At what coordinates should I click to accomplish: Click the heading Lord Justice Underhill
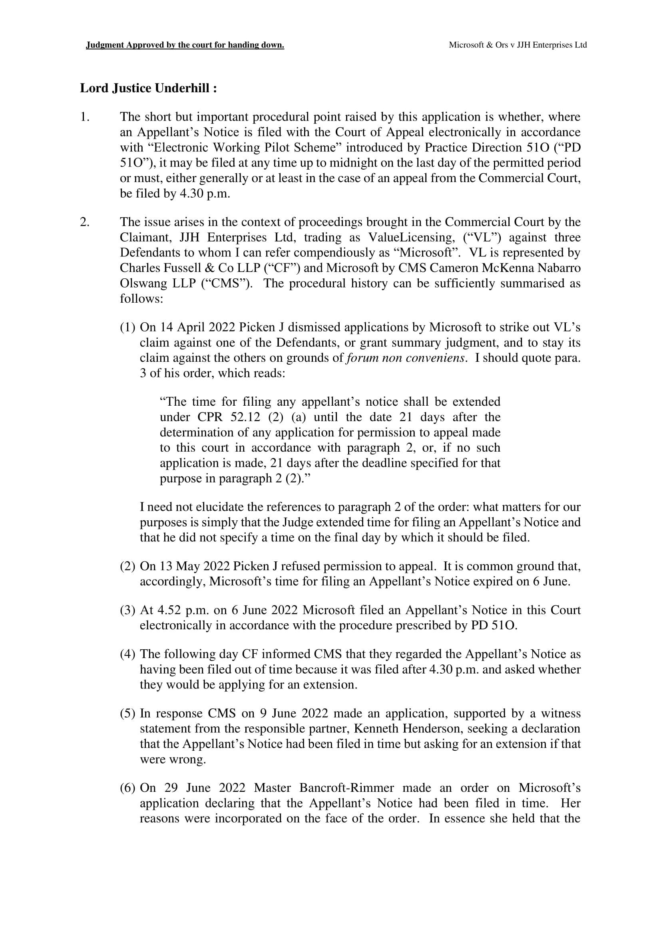pos(148,88)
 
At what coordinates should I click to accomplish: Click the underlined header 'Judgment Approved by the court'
pos(185,45)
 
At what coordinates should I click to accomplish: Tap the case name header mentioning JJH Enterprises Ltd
pos(517,45)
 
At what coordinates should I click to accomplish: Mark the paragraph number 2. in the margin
pos(85,222)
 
